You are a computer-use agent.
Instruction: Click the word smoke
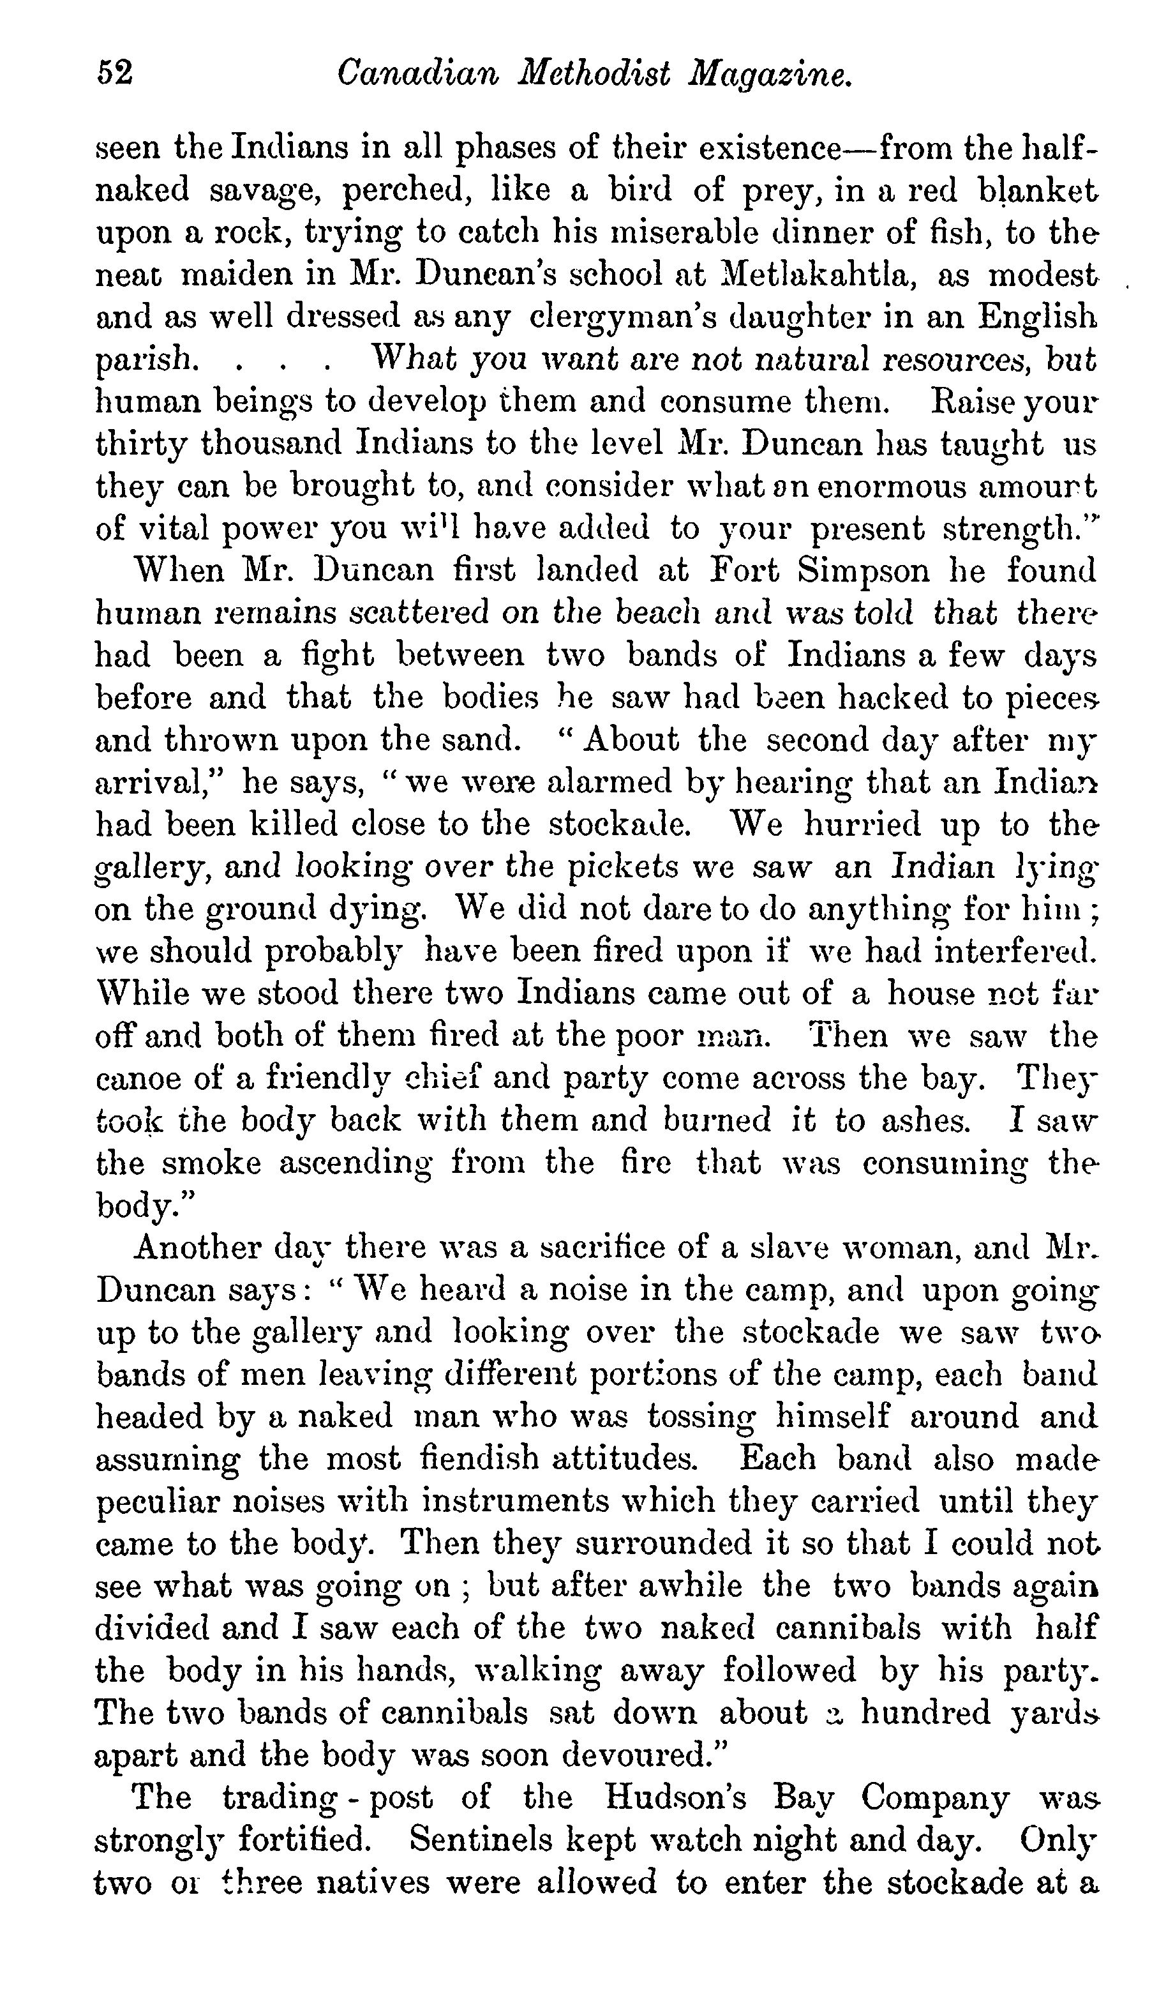point(211,1163)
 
